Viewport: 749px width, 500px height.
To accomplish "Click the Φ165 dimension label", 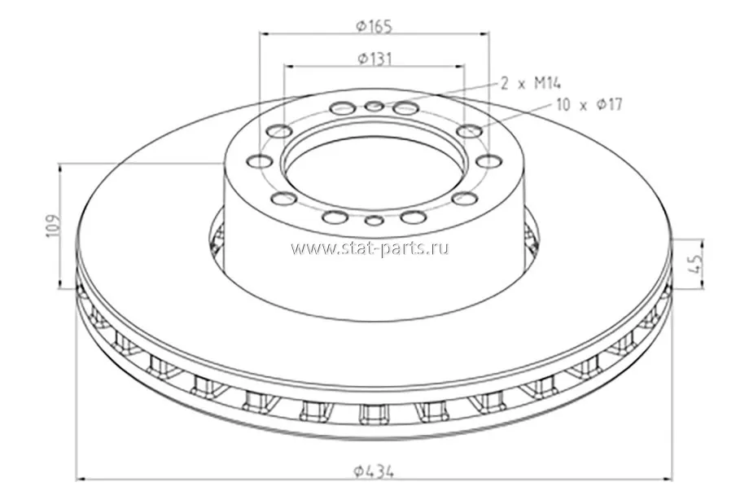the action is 374,26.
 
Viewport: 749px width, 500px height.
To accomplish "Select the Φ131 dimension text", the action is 374,59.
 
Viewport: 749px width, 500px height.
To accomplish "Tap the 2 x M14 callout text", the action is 531,84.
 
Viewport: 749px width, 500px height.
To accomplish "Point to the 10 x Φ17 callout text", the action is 589,104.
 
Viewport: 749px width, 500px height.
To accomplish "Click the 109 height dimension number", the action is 54,226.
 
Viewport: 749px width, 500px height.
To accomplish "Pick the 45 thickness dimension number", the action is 696,263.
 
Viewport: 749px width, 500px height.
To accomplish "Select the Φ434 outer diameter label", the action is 374,471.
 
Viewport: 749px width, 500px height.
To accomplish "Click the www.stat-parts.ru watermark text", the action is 370,248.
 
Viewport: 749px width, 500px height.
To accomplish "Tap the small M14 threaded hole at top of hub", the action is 374,105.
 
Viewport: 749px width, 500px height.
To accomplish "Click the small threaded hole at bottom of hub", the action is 374,221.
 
